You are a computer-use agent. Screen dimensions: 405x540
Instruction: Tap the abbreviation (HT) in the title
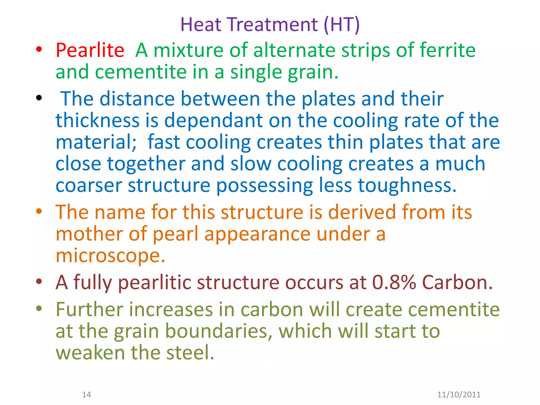[x=341, y=25]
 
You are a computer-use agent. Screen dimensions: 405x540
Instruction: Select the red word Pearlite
[x=90, y=50]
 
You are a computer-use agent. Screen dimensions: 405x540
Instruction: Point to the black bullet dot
[x=39, y=98]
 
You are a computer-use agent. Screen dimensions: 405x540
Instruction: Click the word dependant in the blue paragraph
[x=214, y=120]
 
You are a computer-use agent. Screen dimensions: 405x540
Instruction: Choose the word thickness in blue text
[x=97, y=120]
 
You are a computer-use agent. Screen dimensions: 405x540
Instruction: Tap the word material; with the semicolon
[x=96, y=142]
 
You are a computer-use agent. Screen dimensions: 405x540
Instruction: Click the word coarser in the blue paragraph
[x=89, y=185]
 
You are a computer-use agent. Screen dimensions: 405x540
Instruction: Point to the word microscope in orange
[x=110, y=255]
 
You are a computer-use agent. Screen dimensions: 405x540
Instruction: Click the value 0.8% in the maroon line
[x=394, y=282]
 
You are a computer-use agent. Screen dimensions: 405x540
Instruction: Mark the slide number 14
[x=86, y=394]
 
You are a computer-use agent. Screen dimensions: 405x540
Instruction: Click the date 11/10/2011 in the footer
[x=459, y=394]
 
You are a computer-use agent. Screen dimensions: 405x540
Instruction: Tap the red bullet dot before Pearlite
[x=39, y=49]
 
